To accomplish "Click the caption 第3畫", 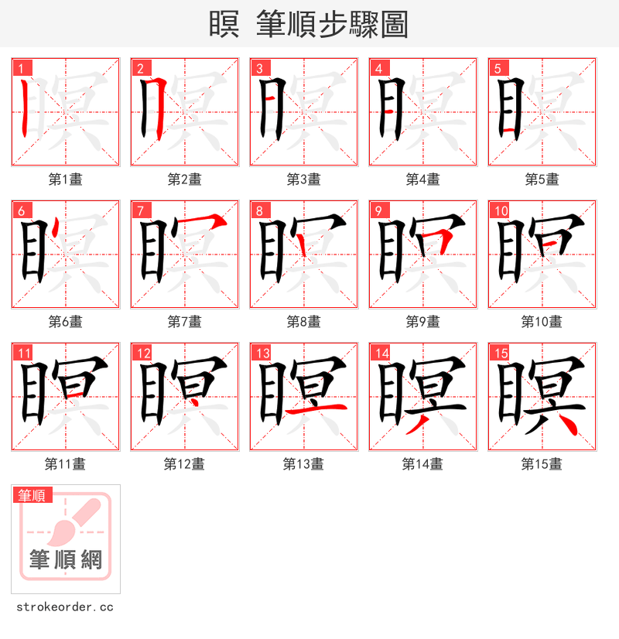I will coord(303,179).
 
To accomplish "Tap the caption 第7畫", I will coord(184,322).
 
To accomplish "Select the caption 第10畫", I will coord(542,322).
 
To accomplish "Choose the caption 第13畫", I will coord(303,464).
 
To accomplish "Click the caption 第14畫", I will coord(422,464).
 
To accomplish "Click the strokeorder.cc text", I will coord(65,607).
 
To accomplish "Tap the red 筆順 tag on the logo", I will coord(32,495).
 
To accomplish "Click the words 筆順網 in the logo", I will coord(66,559).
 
